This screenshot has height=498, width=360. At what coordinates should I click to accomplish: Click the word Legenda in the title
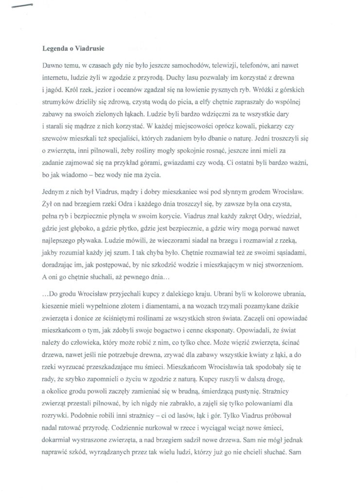coord(55,48)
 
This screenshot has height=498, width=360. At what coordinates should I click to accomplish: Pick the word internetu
coord(54,78)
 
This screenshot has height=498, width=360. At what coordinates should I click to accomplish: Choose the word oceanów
coord(145,90)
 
